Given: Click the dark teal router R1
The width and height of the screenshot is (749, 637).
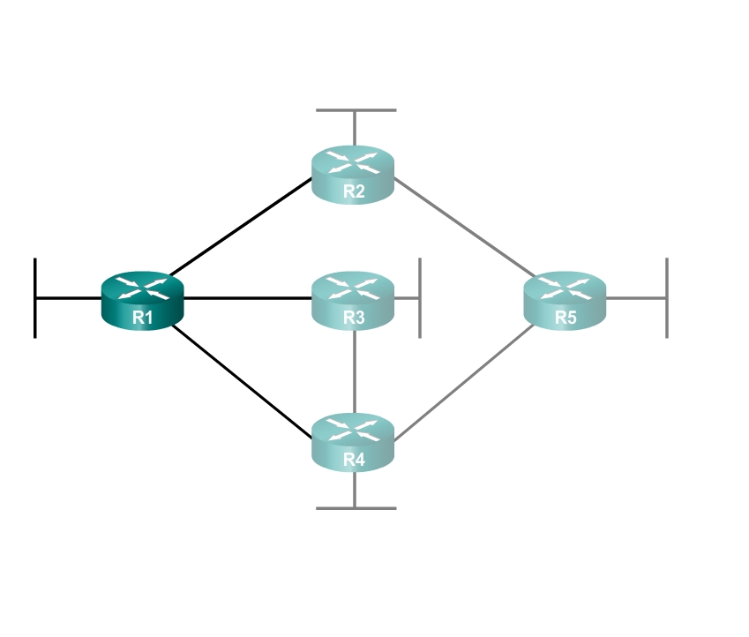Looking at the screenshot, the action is pos(142,301).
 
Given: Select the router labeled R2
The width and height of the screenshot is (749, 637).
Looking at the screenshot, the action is pos(353,175).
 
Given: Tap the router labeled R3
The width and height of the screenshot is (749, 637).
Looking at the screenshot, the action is pos(353,301).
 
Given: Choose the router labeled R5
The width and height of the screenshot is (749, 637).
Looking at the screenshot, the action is pos(565,301).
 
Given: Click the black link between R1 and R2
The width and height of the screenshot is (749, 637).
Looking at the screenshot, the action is pos(241,227).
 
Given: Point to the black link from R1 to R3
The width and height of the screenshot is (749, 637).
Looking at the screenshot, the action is pos(247,298).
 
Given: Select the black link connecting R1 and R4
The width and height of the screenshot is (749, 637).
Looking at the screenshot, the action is pos(242,381).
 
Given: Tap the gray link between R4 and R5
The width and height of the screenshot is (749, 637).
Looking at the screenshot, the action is pos(464,382).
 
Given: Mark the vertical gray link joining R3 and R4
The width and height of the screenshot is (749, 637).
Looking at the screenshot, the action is pos(355,371).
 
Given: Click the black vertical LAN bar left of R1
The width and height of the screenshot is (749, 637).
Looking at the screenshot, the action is pos(35,298).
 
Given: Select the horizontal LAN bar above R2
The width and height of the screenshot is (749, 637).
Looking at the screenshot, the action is pos(356,110).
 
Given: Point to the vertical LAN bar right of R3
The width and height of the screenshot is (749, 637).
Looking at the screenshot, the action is pos(420,298).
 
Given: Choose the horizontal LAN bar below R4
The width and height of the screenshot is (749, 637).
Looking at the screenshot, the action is pos(356,508).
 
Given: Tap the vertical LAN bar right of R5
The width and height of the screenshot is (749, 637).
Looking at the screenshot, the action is pos(667,298).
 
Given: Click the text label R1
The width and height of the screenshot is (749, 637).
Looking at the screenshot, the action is pos(142,318).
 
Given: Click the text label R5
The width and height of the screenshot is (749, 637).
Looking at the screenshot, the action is pos(565,318).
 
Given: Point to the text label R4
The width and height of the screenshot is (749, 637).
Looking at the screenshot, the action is pos(354,460).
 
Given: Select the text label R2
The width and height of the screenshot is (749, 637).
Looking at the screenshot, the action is pos(354,191).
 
